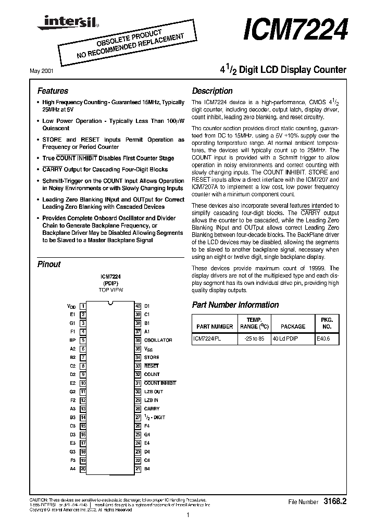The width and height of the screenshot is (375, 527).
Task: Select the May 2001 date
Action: click(x=48, y=69)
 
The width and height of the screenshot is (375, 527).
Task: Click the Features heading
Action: click(x=53, y=91)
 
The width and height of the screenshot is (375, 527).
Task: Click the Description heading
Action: click(x=212, y=91)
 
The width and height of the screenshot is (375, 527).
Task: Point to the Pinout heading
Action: click(x=49, y=264)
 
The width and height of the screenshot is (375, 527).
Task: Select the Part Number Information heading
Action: click(x=235, y=305)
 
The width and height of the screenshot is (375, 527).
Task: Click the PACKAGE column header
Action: click(x=293, y=327)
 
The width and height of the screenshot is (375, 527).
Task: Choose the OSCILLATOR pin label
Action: click(x=158, y=340)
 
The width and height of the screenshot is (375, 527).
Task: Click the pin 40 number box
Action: click(x=138, y=306)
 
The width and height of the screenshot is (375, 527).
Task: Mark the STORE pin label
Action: click(x=152, y=357)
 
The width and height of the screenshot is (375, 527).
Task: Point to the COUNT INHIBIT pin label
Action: click(x=160, y=383)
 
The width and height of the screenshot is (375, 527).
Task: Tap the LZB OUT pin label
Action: click(x=154, y=392)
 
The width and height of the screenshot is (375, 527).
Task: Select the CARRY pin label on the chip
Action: click(x=152, y=409)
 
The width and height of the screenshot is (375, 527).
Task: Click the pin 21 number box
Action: click(x=138, y=469)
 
